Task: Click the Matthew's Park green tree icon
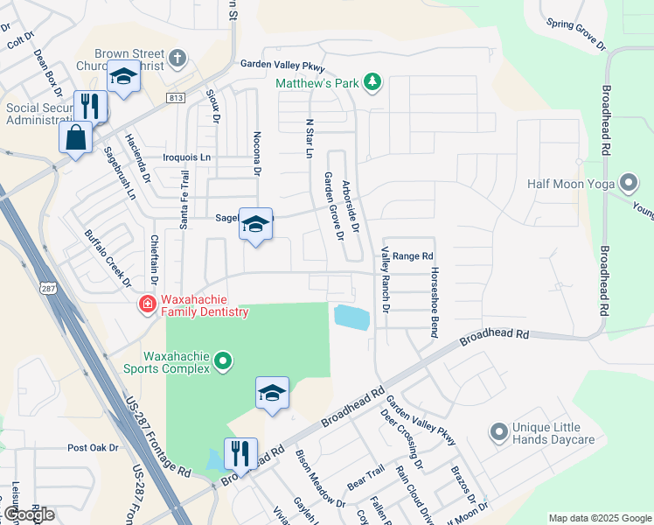tap(373, 82)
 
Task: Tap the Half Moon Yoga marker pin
tap(628, 184)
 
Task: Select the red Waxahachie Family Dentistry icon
tap(147, 304)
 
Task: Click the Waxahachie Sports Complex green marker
tap(223, 360)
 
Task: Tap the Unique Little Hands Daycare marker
tap(498, 431)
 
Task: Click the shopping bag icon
tap(75, 137)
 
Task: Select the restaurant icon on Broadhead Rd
tap(240, 453)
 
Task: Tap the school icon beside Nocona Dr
tap(255, 225)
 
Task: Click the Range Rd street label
tap(413, 255)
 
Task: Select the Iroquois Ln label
tap(187, 157)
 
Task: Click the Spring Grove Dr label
tap(575, 33)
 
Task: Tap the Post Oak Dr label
tap(93, 447)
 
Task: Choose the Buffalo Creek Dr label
tap(108, 259)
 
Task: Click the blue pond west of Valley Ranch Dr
tap(351, 317)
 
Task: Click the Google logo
tap(28, 514)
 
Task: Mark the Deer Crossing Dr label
tap(401, 438)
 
